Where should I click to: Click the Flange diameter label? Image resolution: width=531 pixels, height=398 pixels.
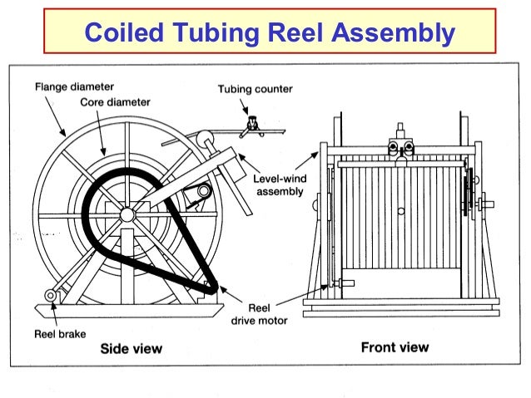point(74,86)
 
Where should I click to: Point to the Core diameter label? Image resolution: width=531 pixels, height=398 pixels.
point(116,102)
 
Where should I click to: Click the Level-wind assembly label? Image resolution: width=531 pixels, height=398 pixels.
point(278,184)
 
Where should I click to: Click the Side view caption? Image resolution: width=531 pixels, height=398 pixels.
point(131,348)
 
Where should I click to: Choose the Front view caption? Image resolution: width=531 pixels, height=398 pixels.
point(395,346)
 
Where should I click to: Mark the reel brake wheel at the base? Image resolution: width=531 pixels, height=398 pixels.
point(52,296)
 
